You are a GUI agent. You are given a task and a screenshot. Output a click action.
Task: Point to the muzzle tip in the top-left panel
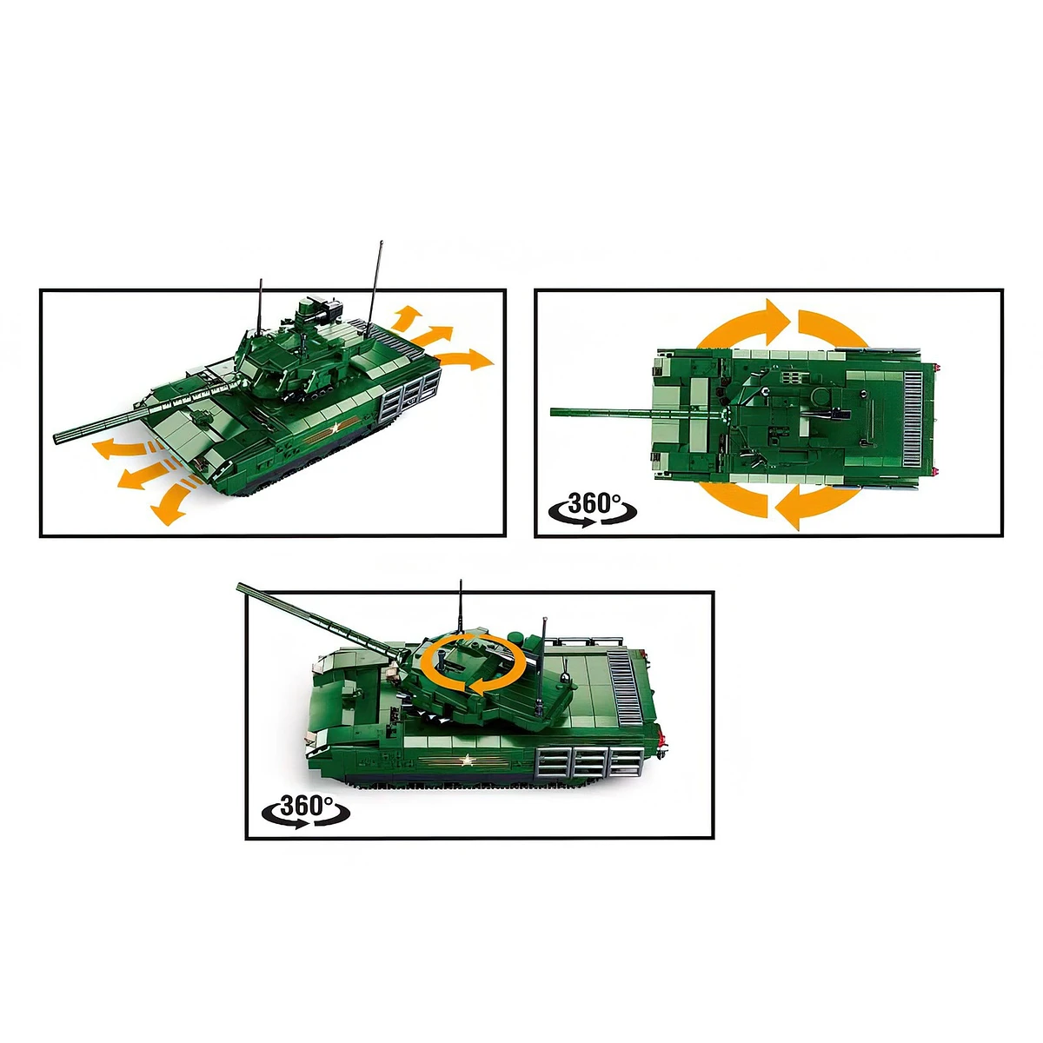pos(56,438)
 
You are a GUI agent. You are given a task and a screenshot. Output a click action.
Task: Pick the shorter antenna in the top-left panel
pos(261,306)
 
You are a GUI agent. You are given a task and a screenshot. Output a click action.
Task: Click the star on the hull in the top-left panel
pos(336,428)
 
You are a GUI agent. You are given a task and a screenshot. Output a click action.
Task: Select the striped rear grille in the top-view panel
pos(913,421)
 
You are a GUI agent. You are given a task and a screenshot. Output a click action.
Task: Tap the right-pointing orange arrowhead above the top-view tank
pos(779,323)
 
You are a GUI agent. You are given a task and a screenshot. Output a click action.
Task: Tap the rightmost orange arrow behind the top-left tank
pos(467,360)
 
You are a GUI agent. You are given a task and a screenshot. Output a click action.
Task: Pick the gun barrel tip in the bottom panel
pos(240,587)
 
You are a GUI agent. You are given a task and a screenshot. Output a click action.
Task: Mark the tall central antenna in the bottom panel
pos(461,606)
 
